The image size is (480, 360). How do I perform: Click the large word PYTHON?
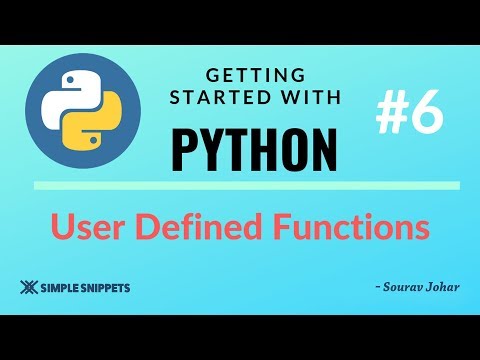click(253, 146)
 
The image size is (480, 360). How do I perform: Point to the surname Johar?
click(441, 288)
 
